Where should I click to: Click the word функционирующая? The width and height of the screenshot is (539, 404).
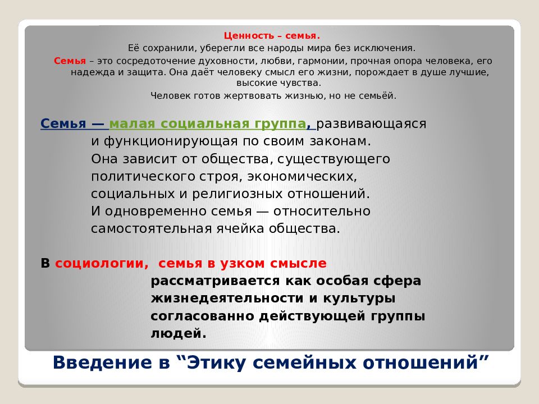(x=173, y=141)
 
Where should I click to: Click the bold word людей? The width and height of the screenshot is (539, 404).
(x=174, y=333)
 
